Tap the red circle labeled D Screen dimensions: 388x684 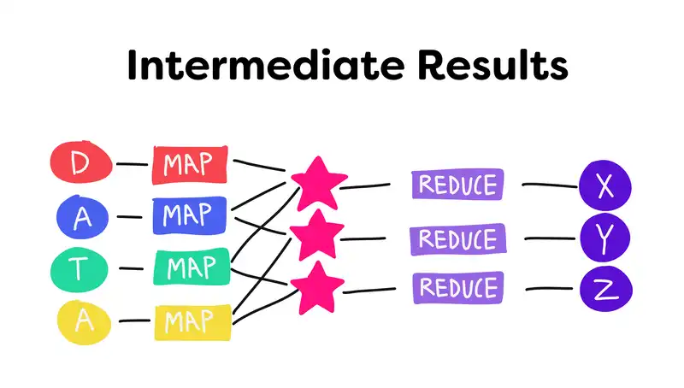click(80, 162)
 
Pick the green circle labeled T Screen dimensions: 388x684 click(80, 269)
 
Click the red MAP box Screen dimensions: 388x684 click(191, 164)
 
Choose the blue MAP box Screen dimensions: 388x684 click(190, 215)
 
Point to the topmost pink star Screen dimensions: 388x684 click(318, 180)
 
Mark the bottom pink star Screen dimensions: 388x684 click(317, 285)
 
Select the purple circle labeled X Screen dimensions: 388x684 click(605, 185)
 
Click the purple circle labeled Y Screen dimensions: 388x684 click(605, 238)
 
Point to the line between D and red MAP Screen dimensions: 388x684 click(132, 162)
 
